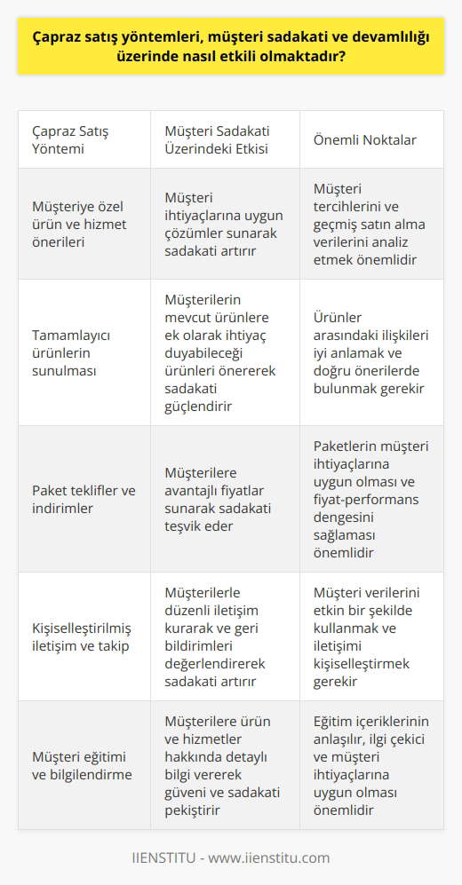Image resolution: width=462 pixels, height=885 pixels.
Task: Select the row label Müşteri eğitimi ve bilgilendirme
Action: [x=80, y=764]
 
